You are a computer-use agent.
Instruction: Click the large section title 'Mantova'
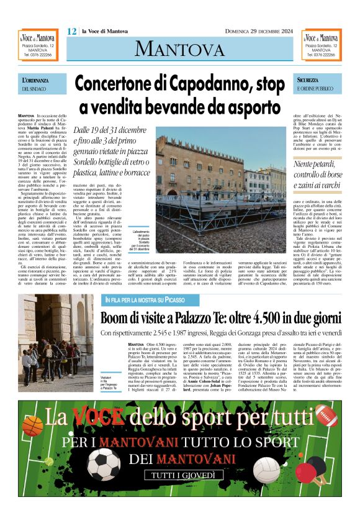(x=179, y=48)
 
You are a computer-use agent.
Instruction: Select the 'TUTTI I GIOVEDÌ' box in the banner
(x=180, y=476)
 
